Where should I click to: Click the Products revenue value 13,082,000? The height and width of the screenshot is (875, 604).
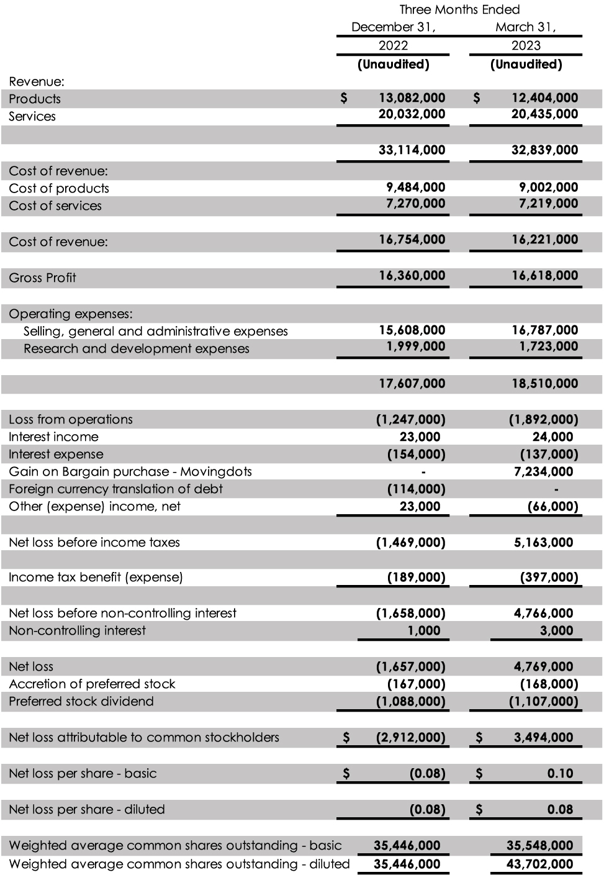click(x=412, y=97)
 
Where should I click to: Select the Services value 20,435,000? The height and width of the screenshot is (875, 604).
click(x=544, y=114)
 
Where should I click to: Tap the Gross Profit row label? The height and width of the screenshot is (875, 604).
click(x=42, y=278)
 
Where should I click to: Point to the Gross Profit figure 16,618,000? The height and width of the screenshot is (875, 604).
click(x=544, y=275)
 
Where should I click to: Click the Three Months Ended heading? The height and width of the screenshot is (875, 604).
click(x=459, y=9)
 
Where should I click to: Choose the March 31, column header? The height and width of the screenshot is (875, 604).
click(x=525, y=27)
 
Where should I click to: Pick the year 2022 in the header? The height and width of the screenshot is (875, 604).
click(x=394, y=45)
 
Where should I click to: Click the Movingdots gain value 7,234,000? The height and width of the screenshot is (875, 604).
click(x=543, y=471)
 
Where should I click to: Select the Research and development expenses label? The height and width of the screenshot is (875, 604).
click(x=136, y=348)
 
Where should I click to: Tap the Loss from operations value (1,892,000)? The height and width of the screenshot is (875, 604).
click(x=543, y=419)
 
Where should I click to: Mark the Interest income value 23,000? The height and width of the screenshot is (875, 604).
click(x=420, y=437)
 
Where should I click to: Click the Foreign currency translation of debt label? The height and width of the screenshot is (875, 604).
click(x=115, y=489)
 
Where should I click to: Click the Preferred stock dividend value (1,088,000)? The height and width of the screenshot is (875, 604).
click(x=410, y=701)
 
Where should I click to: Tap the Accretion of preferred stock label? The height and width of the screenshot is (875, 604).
click(x=92, y=684)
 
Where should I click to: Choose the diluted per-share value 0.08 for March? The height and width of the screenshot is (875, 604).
click(x=560, y=809)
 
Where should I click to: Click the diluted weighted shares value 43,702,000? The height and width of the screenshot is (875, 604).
click(x=539, y=864)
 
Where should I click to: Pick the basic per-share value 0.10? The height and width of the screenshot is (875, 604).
click(x=560, y=773)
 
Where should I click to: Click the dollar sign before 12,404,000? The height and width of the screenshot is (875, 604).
click(x=477, y=97)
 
